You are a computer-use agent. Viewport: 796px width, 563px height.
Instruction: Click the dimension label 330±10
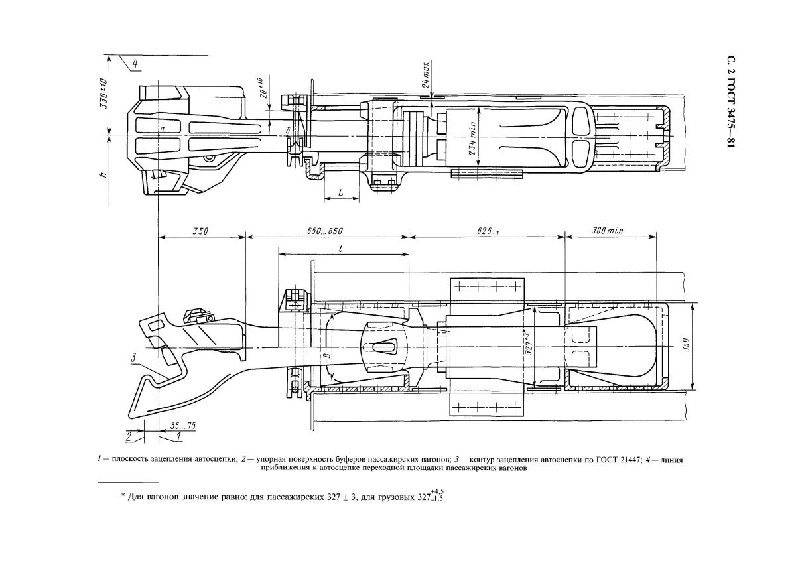[103, 93]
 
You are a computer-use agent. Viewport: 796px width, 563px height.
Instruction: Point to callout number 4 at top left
[135, 64]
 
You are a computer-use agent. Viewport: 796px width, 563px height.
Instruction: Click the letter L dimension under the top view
[340, 191]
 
